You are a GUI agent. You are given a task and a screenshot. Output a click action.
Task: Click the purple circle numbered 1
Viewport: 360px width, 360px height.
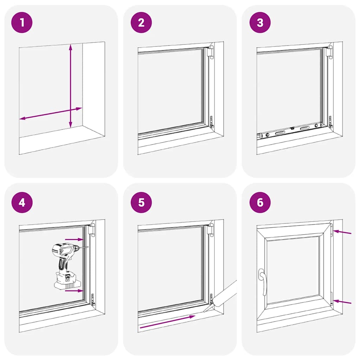pyautogui.click(x=22, y=23)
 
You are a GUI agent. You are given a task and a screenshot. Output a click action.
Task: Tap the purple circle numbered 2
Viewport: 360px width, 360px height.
pyautogui.click(x=141, y=23)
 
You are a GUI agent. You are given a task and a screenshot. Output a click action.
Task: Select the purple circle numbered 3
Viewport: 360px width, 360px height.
pyautogui.click(x=260, y=23)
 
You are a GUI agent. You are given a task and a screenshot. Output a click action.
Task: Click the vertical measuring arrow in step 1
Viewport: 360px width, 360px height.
pyautogui.click(x=71, y=86)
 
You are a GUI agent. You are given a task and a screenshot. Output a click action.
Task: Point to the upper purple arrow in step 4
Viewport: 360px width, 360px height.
pyautogui.click(x=74, y=239)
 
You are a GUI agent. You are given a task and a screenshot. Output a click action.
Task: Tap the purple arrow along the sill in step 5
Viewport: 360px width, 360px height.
pyautogui.click(x=167, y=322)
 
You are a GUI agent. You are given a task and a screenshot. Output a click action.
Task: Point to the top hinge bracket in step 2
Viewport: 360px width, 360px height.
pyautogui.click(x=210, y=52)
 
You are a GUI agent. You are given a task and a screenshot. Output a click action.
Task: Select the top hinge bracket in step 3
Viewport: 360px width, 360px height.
pyautogui.click(x=329, y=52)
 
